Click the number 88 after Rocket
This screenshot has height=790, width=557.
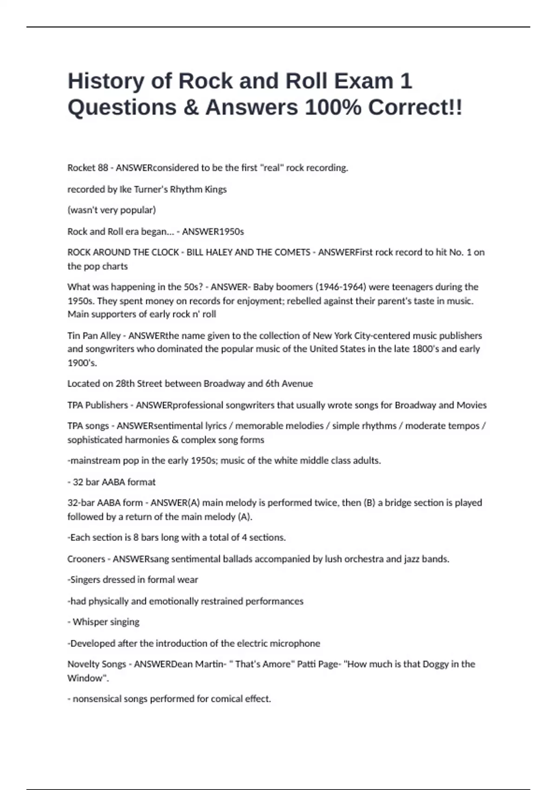pyautogui.click(x=103, y=168)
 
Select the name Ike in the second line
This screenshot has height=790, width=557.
pyautogui.click(x=125, y=189)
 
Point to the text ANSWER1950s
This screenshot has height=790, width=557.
pyautogui.click(x=213, y=231)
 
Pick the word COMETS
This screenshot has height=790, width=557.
pyautogui.click(x=292, y=252)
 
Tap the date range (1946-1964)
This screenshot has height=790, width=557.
pyautogui.click(x=340, y=287)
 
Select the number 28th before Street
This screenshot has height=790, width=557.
pyautogui.click(x=125, y=384)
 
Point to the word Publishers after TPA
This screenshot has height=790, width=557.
pyautogui.click(x=106, y=405)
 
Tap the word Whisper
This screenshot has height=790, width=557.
pyautogui.click(x=89, y=622)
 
